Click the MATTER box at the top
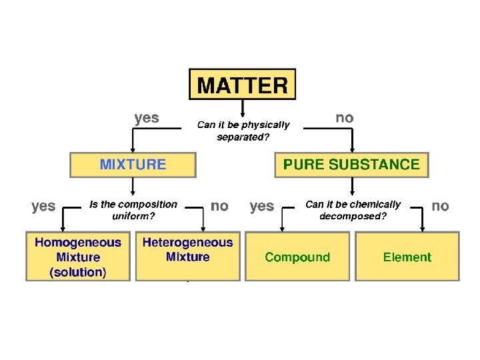[x=242, y=85]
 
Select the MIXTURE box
[x=133, y=165]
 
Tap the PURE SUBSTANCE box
[x=351, y=165]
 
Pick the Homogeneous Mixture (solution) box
[x=78, y=257]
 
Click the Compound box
[x=297, y=257]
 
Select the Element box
[x=407, y=257]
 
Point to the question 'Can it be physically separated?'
[x=243, y=131]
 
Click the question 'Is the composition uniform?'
[x=133, y=210]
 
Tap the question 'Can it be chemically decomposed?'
[x=353, y=210]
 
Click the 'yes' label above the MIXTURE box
[x=147, y=118]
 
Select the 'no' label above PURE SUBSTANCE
[x=344, y=118]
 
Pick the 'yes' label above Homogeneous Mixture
[x=43, y=206]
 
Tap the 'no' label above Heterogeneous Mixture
[x=219, y=206]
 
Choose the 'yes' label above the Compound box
[x=261, y=206]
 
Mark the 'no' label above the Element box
[x=440, y=206]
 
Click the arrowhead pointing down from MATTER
[x=242, y=113]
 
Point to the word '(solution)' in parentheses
[x=78, y=272]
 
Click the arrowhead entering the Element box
[x=421, y=228]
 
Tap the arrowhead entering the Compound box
[x=283, y=228]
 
